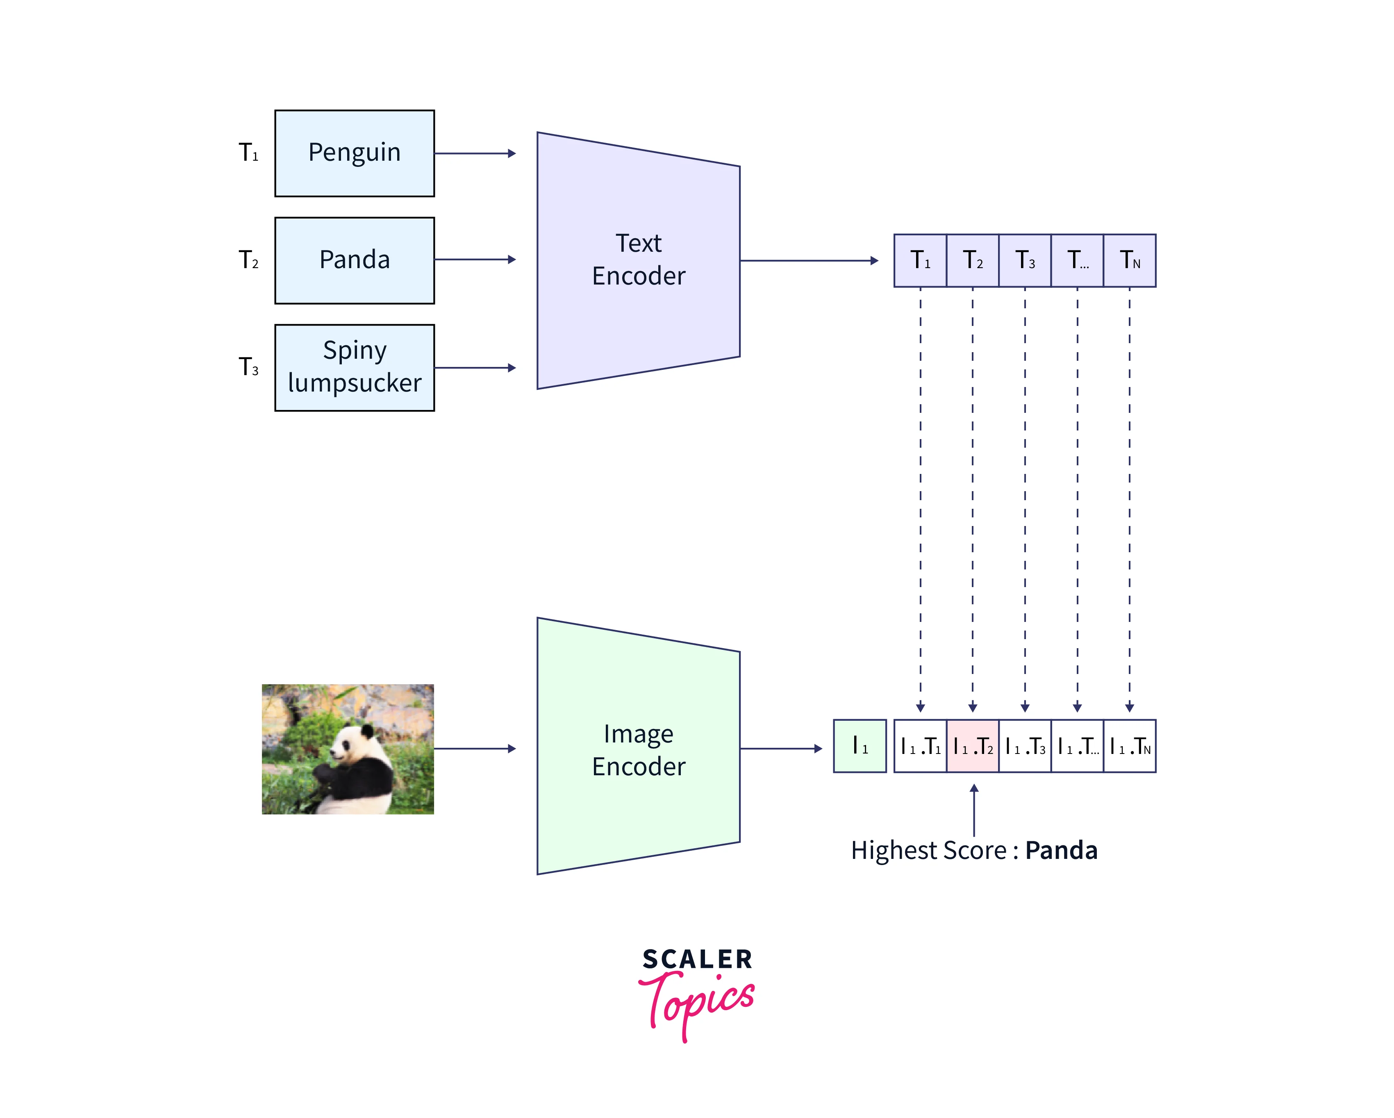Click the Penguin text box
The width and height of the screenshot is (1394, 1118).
point(354,153)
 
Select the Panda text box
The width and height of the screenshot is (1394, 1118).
point(354,260)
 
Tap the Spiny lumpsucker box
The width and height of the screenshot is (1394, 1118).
point(354,367)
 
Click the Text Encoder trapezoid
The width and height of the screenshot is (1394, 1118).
point(638,260)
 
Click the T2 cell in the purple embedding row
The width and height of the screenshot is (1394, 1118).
point(972,260)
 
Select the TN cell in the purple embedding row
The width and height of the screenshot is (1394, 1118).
point(1130,260)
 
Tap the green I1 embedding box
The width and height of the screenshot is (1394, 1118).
point(859,746)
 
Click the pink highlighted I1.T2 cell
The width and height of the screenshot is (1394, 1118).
point(972,746)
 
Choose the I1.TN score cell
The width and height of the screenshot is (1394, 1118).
point(1130,746)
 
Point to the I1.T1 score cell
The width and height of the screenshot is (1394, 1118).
point(920,746)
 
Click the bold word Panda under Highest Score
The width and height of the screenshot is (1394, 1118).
point(1061,850)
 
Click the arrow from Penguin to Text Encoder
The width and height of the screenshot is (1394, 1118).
point(475,153)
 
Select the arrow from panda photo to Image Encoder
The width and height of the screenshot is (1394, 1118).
point(475,749)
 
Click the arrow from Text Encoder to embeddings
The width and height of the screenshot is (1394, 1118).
point(809,261)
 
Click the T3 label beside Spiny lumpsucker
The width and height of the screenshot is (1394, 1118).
point(248,367)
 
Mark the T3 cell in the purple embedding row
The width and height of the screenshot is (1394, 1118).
point(1025,260)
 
